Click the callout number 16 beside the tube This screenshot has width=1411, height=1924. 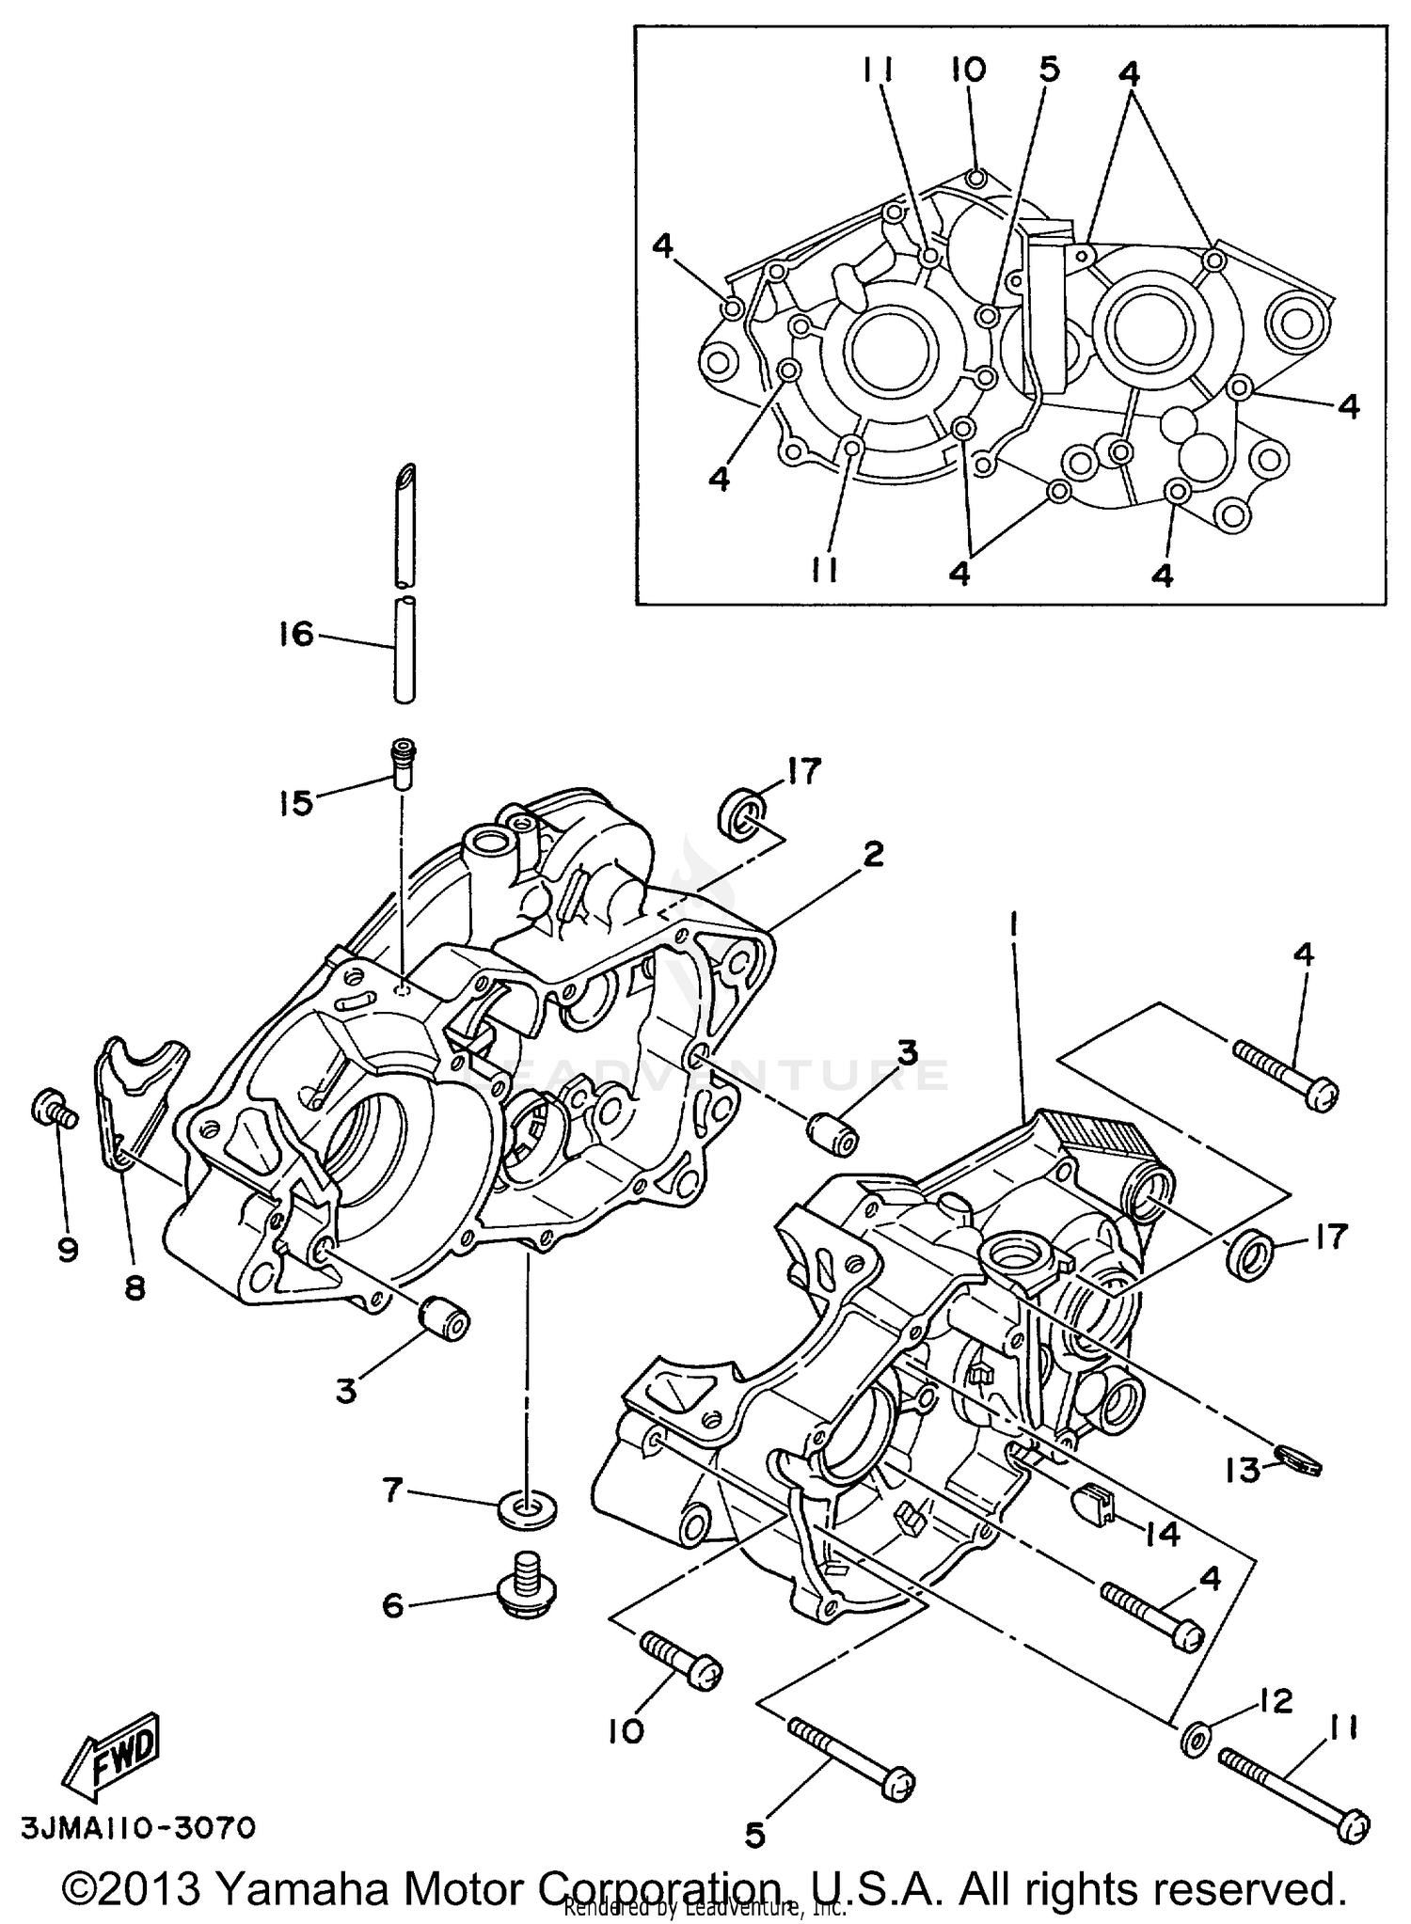pos(295,634)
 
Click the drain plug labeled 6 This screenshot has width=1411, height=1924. pos(526,1588)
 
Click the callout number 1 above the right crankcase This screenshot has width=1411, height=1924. pos(1012,926)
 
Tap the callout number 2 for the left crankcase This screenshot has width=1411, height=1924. pos(873,855)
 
